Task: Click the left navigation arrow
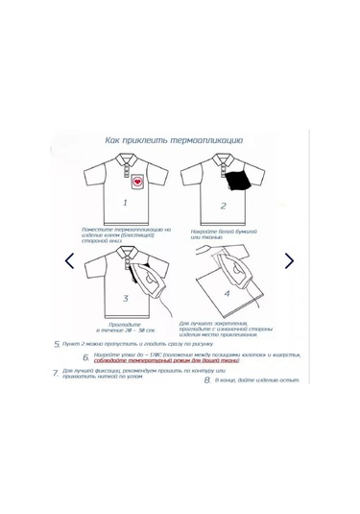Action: tap(69, 260)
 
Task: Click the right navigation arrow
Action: tap(289, 260)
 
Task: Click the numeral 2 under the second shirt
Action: tap(224, 205)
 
